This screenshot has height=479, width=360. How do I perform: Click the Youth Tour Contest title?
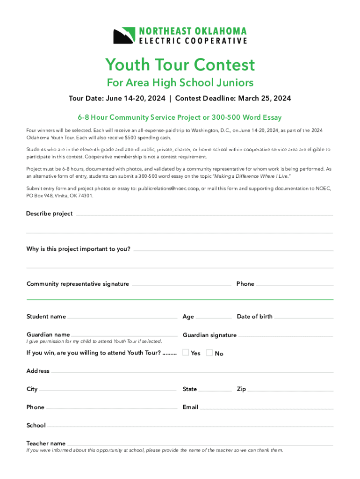click(x=180, y=65)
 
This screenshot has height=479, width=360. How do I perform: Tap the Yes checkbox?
click(x=186, y=353)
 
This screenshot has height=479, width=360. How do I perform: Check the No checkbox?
click(x=209, y=353)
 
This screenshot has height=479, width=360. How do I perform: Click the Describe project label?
click(x=50, y=214)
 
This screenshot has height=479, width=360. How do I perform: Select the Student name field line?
click(x=123, y=318)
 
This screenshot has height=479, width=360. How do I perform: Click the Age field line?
click(x=213, y=318)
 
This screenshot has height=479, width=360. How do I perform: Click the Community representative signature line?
click(x=180, y=285)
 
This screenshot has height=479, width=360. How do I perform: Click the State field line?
click(x=215, y=390)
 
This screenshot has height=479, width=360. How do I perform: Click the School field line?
click(x=190, y=426)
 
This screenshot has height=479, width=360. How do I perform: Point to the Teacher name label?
click(x=46, y=443)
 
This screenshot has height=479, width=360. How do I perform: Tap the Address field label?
click(x=38, y=371)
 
